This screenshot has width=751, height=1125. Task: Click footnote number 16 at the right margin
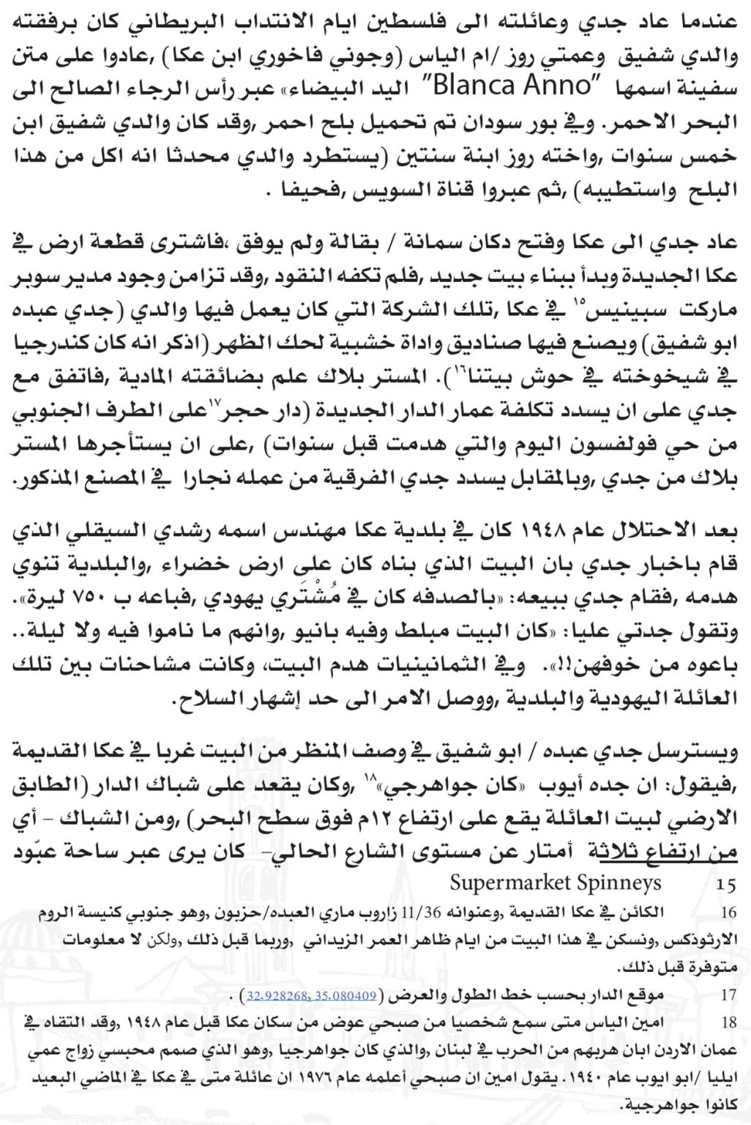coord(728,913)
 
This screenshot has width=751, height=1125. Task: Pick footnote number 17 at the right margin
coord(728,996)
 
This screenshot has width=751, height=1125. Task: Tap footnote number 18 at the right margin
coord(728,1023)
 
